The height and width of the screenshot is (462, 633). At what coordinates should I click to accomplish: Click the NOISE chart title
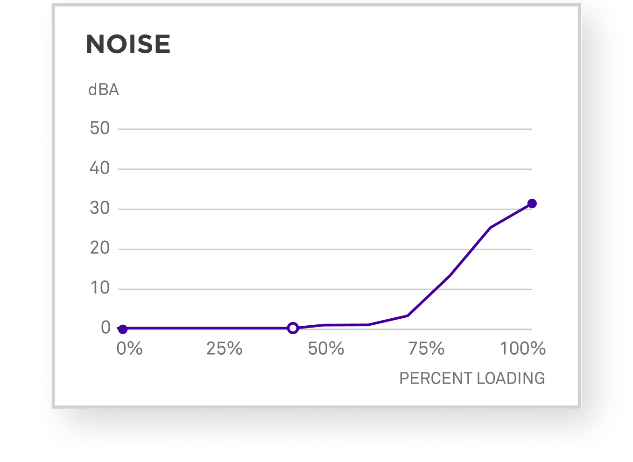click(128, 44)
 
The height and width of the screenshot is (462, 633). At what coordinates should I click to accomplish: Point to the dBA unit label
click(104, 90)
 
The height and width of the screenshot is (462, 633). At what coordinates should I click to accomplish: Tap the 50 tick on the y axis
click(100, 128)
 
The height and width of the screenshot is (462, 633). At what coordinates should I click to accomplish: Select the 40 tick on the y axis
click(100, 168)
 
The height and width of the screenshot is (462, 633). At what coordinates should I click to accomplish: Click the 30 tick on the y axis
click(100, 208)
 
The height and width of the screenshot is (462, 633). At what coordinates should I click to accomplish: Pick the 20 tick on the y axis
click(100, 248)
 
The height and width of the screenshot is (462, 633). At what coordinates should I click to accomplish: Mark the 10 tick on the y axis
click(100, 288)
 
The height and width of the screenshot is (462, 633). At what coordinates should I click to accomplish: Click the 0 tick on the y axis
click(106, 328)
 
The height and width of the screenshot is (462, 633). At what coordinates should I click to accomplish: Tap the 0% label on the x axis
click(129, 349)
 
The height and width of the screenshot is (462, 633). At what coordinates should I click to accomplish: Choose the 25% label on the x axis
click(225, 349)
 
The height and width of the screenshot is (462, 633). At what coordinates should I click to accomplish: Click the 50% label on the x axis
click(326, 349)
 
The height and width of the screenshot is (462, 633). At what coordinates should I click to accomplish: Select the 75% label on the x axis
click(426, 349)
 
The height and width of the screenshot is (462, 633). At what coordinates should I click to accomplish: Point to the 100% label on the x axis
click(523, 349)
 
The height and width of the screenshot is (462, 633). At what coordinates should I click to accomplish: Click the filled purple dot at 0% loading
click(122, 329)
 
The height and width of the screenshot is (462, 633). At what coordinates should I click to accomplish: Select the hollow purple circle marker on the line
click(293, 328)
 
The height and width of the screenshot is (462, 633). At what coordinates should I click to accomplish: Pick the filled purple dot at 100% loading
click(532, 203)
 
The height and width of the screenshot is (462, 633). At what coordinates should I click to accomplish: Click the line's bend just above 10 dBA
click(449, 276)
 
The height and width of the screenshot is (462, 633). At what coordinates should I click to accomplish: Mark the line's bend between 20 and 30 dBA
click(490, 228)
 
